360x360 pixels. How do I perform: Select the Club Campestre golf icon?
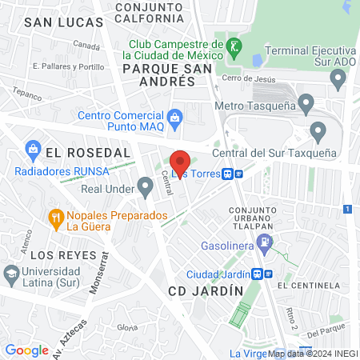[234, 46]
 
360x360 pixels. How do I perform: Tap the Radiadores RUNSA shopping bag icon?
[33, 148]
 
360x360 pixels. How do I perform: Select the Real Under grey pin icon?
[145, 188]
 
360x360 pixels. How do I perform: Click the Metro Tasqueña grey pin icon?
[306, 103]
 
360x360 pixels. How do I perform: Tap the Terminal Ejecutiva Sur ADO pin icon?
[338, 79]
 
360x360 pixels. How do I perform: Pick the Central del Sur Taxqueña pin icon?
[318, 131]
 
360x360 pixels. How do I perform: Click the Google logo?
[26, 350]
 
